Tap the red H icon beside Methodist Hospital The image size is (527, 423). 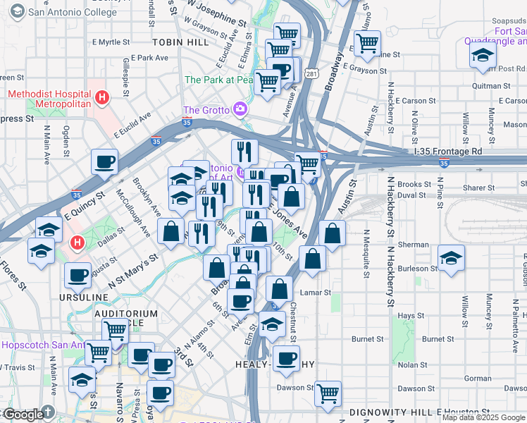coord(103,97)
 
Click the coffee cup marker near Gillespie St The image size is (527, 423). coord(104,162)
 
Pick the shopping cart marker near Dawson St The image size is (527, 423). coord(328,394)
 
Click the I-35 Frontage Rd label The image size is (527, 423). coord(448,152)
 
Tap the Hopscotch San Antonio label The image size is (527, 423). coord(42,345)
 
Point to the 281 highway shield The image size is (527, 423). coord(311,73)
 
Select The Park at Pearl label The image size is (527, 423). coord(218,80)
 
